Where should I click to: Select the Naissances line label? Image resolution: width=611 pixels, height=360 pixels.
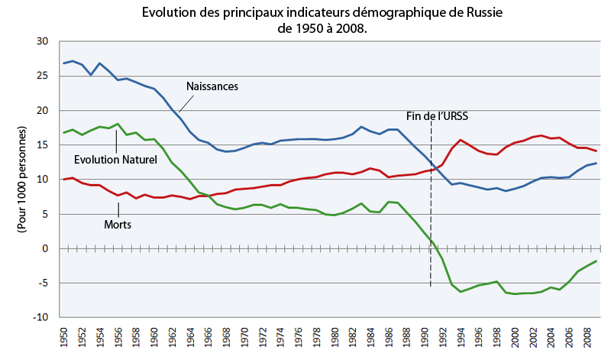213,86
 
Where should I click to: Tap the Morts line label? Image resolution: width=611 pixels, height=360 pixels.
118,225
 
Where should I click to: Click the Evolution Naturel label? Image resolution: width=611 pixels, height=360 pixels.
115,160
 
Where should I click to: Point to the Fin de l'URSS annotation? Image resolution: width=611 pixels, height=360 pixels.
437,117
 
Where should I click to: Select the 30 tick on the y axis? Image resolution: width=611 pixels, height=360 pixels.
44,42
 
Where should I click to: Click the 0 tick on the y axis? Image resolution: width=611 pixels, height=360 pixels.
47,248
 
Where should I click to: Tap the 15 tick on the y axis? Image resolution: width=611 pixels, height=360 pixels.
44,145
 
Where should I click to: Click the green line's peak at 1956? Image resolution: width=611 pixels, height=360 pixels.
117,124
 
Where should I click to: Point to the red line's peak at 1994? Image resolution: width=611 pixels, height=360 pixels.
461,141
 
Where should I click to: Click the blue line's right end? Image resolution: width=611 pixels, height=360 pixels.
596,164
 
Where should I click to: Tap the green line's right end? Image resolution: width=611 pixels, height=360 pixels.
596,261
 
